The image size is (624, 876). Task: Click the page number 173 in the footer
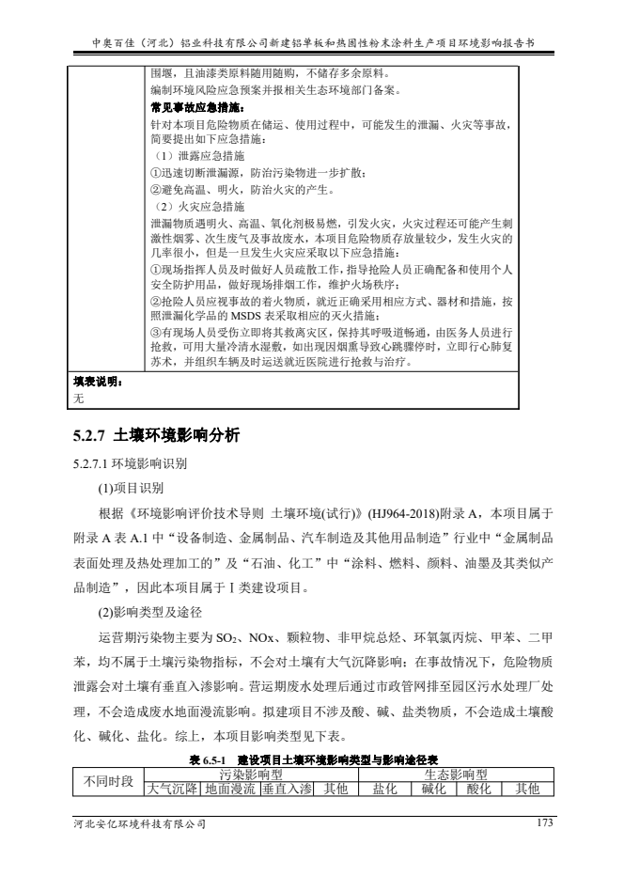coord(538,823)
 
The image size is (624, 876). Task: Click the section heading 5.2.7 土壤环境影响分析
coord(158,435)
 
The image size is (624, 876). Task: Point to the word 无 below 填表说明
coord(79,399)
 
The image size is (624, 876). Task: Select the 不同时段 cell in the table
coord(109,781)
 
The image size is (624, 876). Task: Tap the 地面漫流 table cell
coord(230,789)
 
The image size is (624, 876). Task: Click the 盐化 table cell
coord(386,789)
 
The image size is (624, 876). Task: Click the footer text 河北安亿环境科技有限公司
coord(139,824)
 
